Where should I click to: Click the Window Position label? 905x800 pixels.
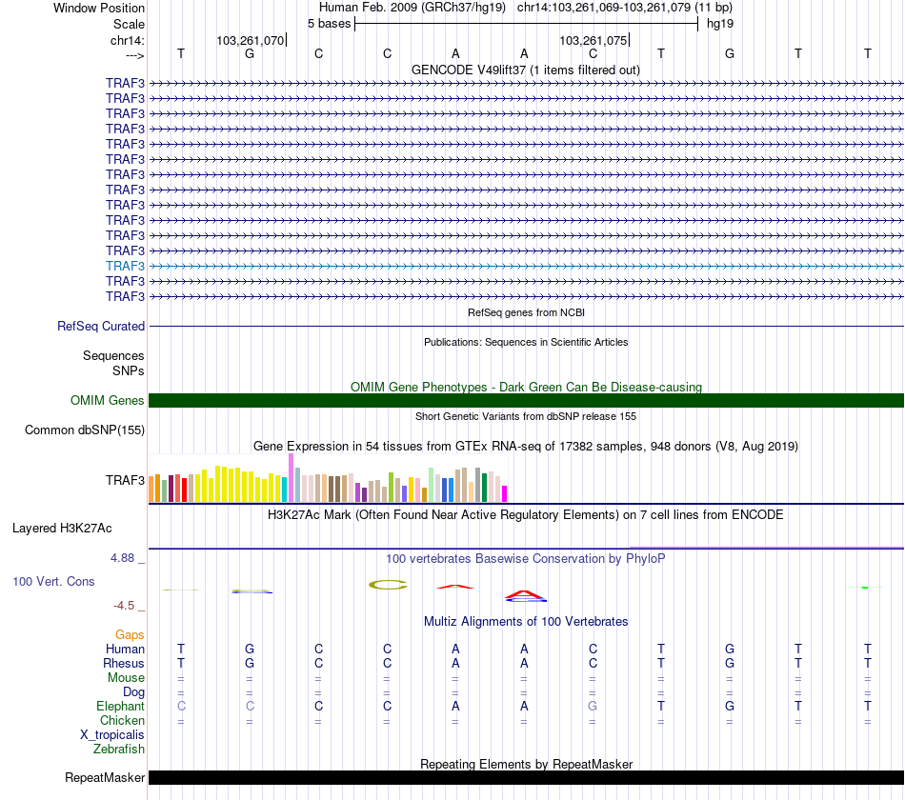(99, 8)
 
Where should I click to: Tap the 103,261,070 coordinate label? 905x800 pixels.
(250, 41)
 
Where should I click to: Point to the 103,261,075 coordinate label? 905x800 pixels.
(593, 41)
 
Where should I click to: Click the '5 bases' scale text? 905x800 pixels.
(329, 23)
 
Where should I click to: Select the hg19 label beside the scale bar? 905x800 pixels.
(719, 23)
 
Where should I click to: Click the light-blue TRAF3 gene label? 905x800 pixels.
(125, 266)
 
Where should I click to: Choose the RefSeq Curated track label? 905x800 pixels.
(101, 326)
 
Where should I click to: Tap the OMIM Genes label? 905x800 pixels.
(108, 401)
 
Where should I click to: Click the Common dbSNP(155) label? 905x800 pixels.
(85, 430)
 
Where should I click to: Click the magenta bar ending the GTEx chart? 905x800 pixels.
(504, 493)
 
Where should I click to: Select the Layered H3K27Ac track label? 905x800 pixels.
(62, 528)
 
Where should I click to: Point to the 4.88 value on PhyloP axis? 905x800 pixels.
(129, 558)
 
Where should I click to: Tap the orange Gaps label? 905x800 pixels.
(130, 634)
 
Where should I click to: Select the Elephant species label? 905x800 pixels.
(120, 707)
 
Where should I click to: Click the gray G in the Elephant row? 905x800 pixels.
(593, 707)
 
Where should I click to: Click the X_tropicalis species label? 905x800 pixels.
(112, 735)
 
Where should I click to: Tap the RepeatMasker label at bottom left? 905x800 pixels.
(105, 777)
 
